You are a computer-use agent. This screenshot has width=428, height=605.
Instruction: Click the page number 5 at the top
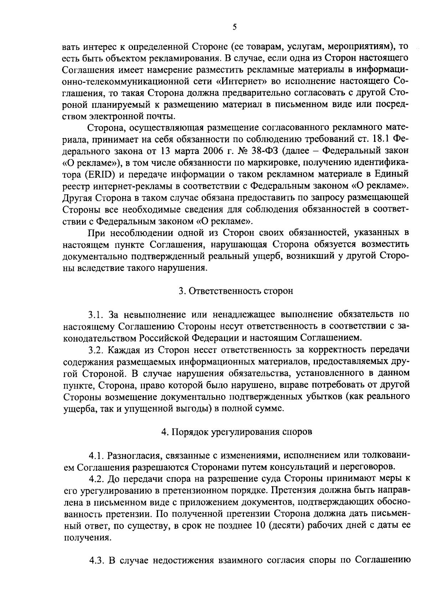click(234, 27)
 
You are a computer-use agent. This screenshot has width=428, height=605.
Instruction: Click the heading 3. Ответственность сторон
click(236, 291)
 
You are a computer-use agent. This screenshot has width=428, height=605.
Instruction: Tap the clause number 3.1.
click(96, 314)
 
